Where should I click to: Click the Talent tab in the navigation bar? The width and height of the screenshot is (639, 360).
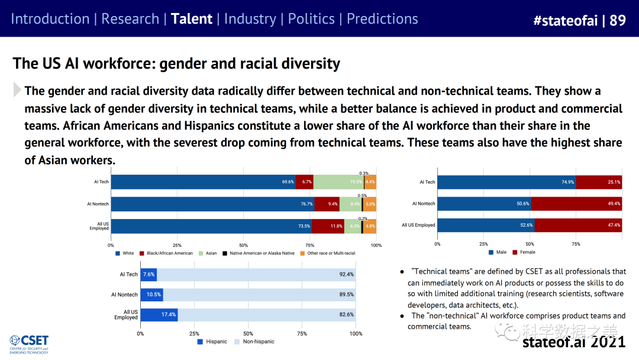point(191,18)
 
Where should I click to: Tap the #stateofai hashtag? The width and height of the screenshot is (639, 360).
point(566,20)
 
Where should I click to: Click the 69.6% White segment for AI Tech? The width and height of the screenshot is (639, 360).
point(203,182)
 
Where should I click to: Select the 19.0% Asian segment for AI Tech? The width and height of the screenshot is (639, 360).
point(338,182)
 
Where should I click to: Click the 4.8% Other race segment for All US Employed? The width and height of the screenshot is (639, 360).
point(370,226)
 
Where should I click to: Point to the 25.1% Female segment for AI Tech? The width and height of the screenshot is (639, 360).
point(599,182)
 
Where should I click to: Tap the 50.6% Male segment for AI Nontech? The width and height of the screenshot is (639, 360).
point(484,204)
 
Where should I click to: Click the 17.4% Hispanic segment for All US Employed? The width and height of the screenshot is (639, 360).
point(159,314)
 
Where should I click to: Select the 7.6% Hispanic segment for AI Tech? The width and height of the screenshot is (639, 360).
point(149,274)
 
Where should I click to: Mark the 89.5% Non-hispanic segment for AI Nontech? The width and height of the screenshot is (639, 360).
point(259,294)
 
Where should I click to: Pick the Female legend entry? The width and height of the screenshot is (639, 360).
point(525,253)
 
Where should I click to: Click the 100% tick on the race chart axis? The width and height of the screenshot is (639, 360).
point(376,245)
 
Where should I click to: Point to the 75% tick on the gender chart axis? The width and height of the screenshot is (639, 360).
point(576,244)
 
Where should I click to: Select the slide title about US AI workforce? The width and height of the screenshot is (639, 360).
point(176,63)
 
